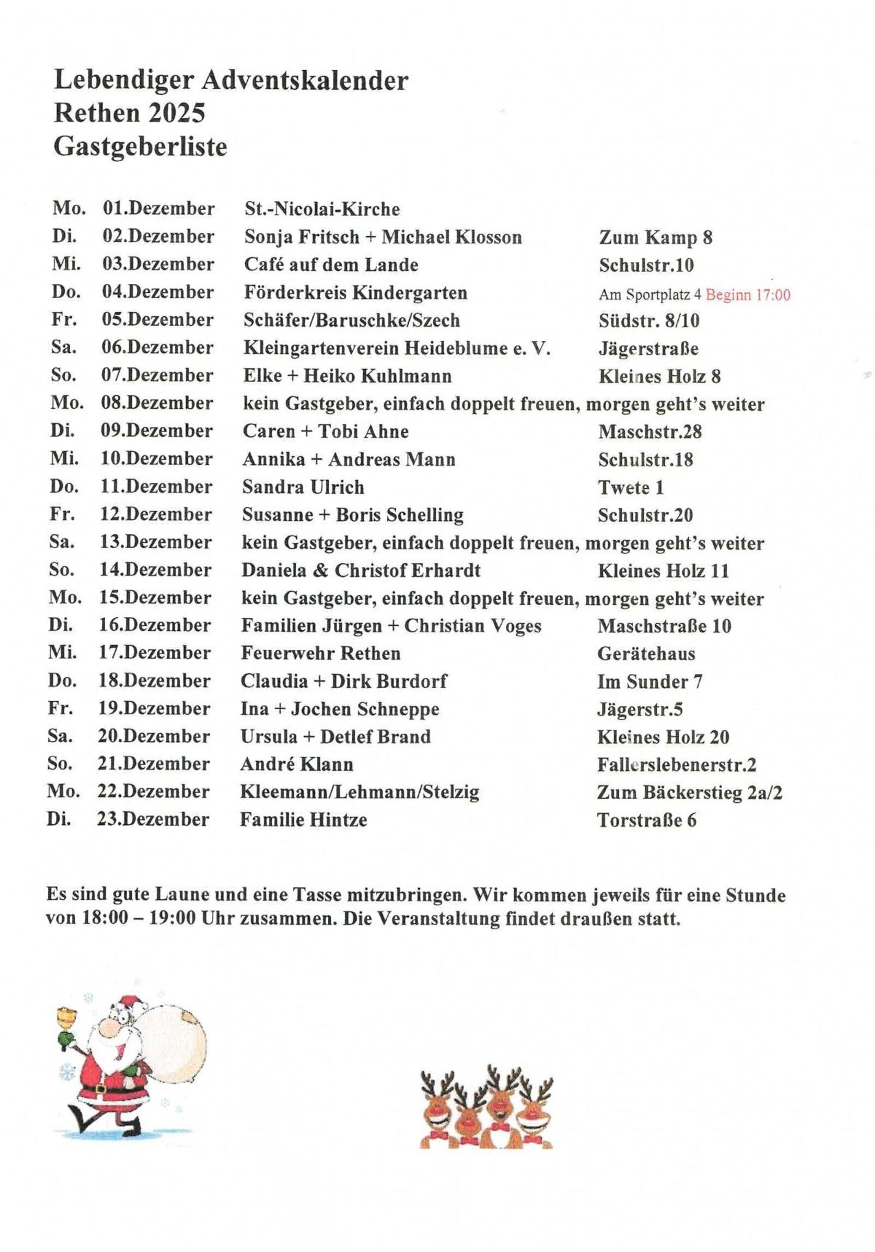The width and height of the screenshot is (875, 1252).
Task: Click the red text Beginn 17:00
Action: tap(748, 295)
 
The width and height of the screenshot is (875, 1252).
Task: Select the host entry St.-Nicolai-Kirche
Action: tap(322, 209)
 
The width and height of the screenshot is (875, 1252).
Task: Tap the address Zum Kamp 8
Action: tap(655, 237)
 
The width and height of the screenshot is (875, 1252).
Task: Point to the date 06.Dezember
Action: tap(157, 347)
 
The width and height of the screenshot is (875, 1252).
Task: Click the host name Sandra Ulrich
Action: tap(303, 487)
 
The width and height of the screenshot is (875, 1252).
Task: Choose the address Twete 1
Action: tap(631, 487)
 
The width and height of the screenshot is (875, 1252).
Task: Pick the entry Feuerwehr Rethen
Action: tap(321, 653)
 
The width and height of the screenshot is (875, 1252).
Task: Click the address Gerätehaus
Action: tap(646, 653)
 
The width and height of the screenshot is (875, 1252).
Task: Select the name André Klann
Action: tap(297, 764)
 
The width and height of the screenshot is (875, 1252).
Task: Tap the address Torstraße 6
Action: tap(646, 820)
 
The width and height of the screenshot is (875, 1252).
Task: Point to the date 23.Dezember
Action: tap(154, 819)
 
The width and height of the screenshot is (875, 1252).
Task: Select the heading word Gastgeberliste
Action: tap(140, 146)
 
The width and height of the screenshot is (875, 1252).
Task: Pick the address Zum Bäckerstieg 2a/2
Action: tap(689, 792)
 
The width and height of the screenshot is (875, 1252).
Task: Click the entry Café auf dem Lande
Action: tap(331, 265)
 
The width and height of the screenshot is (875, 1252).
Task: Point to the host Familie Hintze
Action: tap(303, 819)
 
